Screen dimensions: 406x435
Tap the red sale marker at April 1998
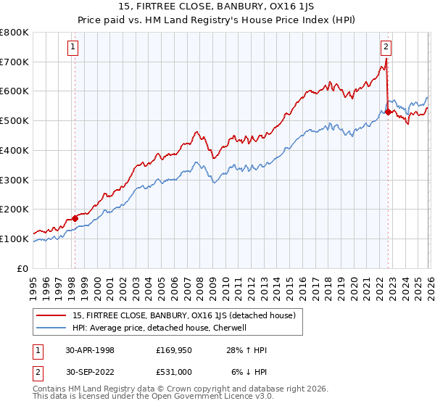pyautogui.click(x=75, y=218)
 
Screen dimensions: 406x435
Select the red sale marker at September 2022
pyautogui.click(x=389, y=112)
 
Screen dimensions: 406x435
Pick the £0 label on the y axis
pyautogui.click(x=22, y=268)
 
